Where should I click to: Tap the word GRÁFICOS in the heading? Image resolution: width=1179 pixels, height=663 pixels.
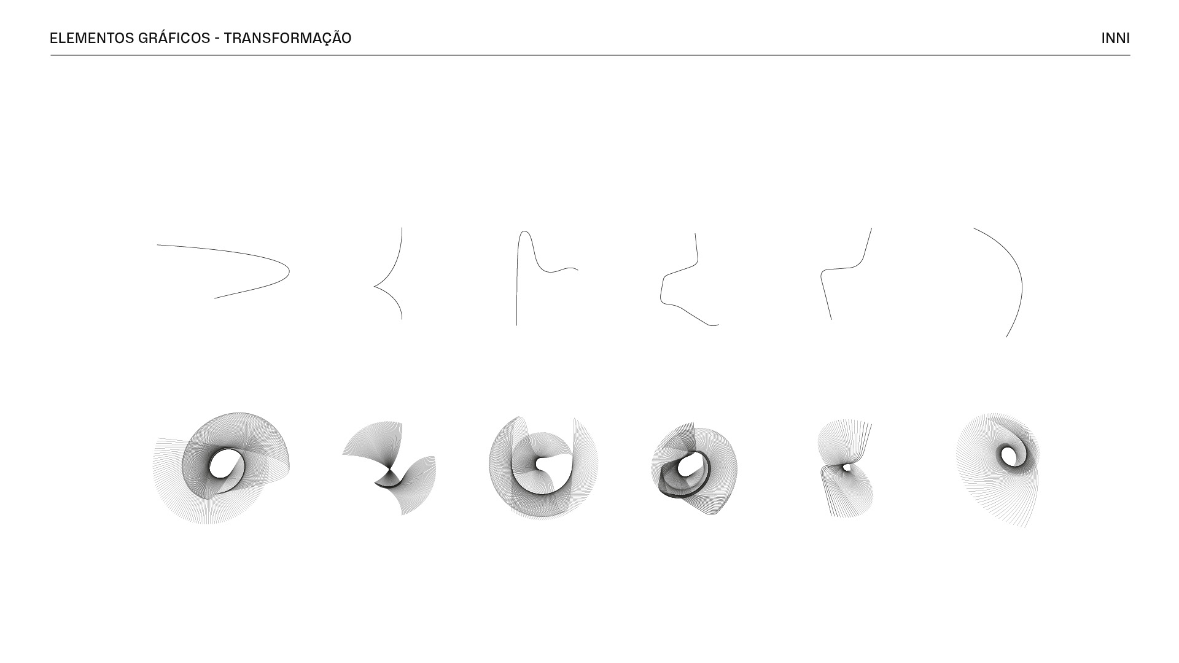coord(174,38)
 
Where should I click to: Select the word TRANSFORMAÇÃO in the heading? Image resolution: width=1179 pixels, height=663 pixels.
coord(287,38)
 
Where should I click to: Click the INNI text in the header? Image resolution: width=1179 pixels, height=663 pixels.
coord(1115,38)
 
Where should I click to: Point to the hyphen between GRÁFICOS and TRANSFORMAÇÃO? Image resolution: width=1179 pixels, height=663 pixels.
coord(217,39)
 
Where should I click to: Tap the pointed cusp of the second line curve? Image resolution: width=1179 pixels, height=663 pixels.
coord(375,286)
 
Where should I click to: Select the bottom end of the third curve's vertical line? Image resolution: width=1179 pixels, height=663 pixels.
coord(516,325)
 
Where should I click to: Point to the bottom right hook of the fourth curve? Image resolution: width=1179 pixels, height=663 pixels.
coord(715,325)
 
